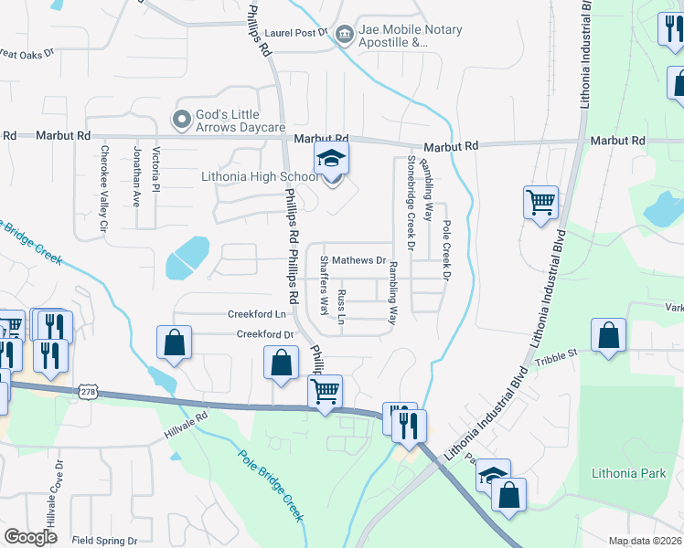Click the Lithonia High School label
(260, 176)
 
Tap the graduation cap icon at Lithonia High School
(332, 160)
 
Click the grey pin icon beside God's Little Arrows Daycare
(180, 118)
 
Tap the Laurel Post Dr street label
(298, 33)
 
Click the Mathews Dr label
(358, 260)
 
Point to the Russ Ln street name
(341, 307)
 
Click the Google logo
(31, 537)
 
